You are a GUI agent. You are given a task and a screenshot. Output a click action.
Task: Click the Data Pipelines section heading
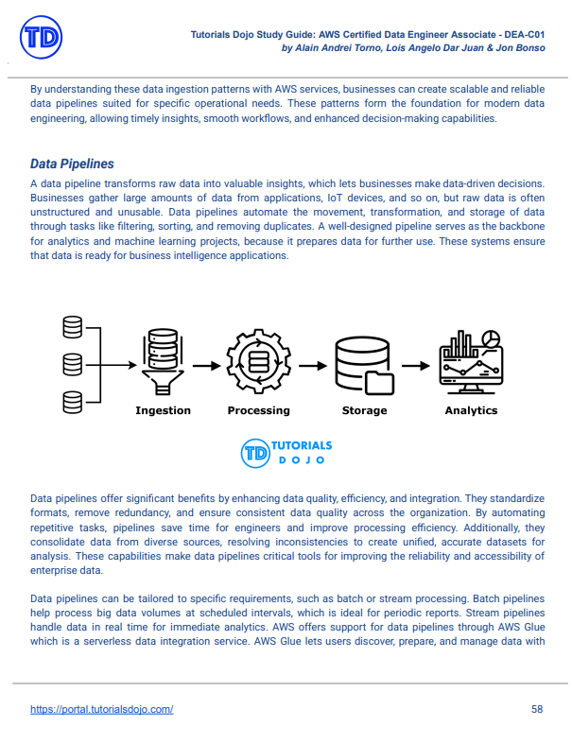pyautogui.click(x=72, y=164)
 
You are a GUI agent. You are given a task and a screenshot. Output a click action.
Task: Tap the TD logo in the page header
pyautogui.click(x=40, y=39)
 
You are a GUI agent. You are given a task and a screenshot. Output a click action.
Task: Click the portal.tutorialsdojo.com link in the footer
pyautogui.click(x=101, y=709)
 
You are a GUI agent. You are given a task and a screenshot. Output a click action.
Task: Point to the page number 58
pyautogui.click(x=537, y=709)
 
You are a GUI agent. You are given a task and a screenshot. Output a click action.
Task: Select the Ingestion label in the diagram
pyautogui.click(x=163, y=410)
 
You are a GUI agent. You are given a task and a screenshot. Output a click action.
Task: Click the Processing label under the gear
pyautogui.click(x=258, y=410)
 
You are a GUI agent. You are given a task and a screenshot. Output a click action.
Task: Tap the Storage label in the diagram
pyautogui.click(x=364, y=410)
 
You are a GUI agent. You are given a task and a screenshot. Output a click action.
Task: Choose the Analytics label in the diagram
pyautogui.click(x=471, y=410)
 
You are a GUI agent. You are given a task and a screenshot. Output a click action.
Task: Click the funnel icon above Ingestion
pyautogui.click(x=163, y=363)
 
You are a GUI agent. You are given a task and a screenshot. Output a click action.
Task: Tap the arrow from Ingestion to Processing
pyautogui.click(x=208, y=364)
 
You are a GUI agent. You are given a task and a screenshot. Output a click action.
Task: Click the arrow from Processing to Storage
pyautogui.click(x=311, y=364)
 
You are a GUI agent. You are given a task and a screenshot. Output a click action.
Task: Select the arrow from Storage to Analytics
pyautogui.click(x=415, y=364)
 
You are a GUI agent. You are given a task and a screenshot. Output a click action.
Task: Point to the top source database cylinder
pyautogui.click(x=73, y=328)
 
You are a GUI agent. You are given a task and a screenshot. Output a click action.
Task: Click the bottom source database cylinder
pyautogui.click(x=73, y=401)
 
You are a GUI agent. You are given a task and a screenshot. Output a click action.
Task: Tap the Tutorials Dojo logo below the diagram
pyautogui.click(x=286, y=452)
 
